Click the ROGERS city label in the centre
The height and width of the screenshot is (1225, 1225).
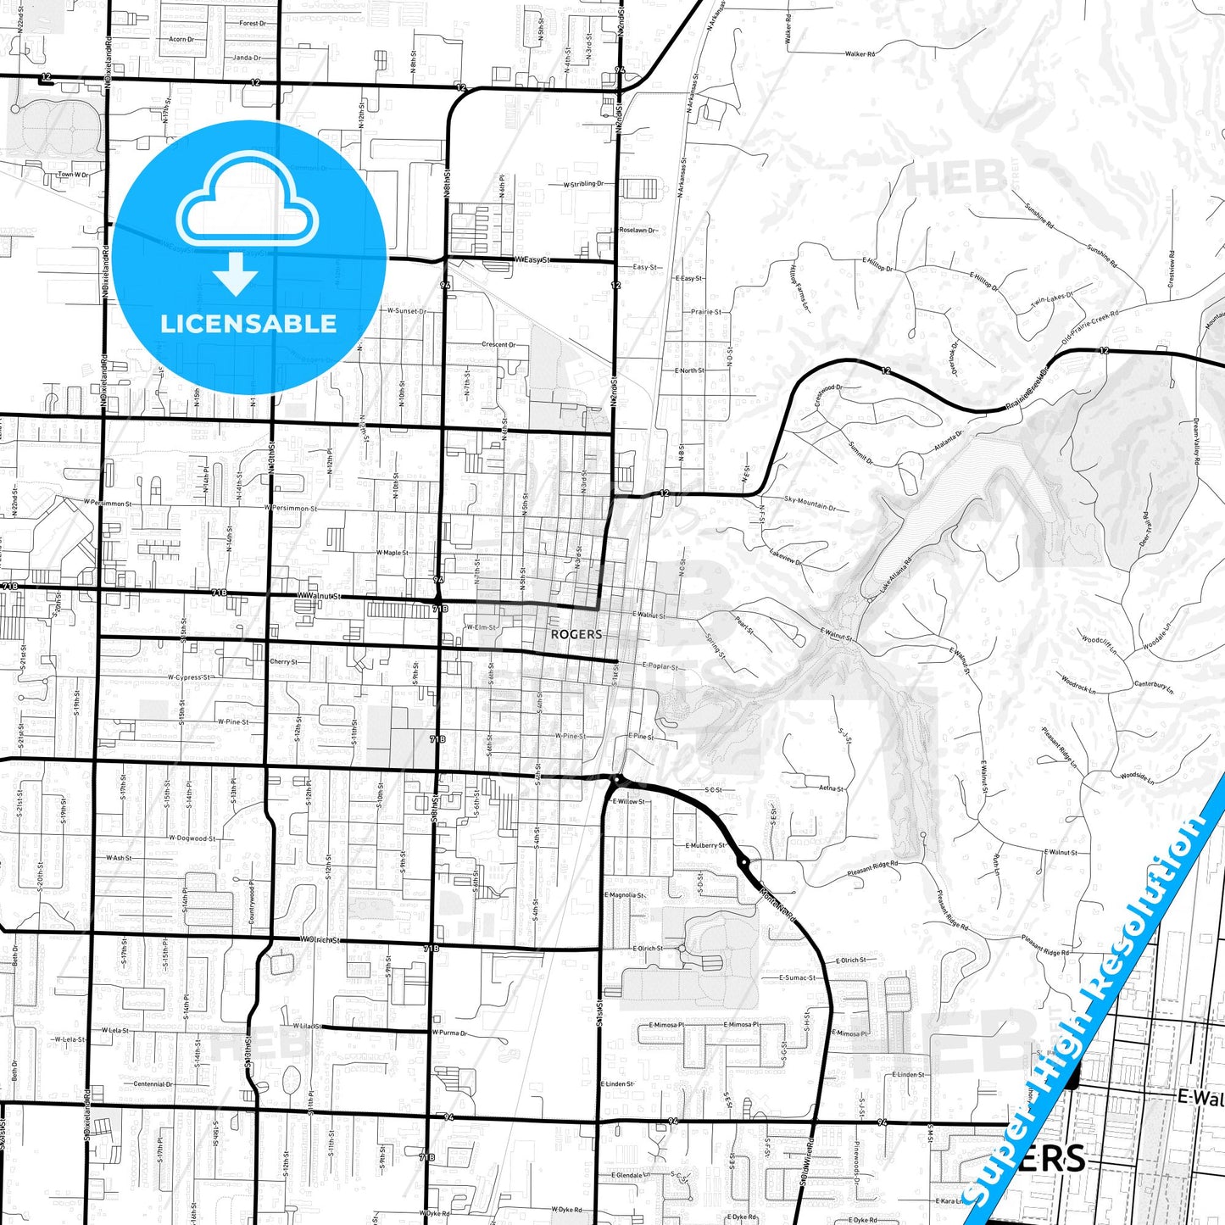576,634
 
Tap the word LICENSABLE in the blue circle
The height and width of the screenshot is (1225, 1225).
248,324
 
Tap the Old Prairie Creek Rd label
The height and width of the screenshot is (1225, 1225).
1090,329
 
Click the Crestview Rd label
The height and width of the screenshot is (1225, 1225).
1172,269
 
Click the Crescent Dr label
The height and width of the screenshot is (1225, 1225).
498,345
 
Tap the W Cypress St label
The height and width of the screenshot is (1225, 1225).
188,677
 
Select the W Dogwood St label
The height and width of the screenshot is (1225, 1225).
192,838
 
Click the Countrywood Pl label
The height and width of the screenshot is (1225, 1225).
252,902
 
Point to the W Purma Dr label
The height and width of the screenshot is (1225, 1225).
449,1033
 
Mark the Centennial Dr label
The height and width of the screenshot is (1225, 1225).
153,1083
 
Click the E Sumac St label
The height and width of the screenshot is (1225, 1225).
797,977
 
